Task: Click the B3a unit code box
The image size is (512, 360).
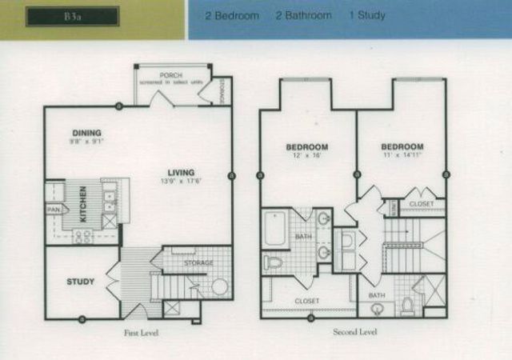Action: (x=72, y=17)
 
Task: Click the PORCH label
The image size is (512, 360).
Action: (x=170, y=74)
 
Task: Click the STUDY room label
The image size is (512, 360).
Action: (x=80, y=282)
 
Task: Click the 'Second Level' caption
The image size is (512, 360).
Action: (x=354, y=330)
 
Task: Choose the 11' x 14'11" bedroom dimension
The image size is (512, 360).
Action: (x=402, y=157)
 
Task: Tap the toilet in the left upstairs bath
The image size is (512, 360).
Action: (x=274, y=262)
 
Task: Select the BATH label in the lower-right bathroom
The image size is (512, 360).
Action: (x=376, y=295)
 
